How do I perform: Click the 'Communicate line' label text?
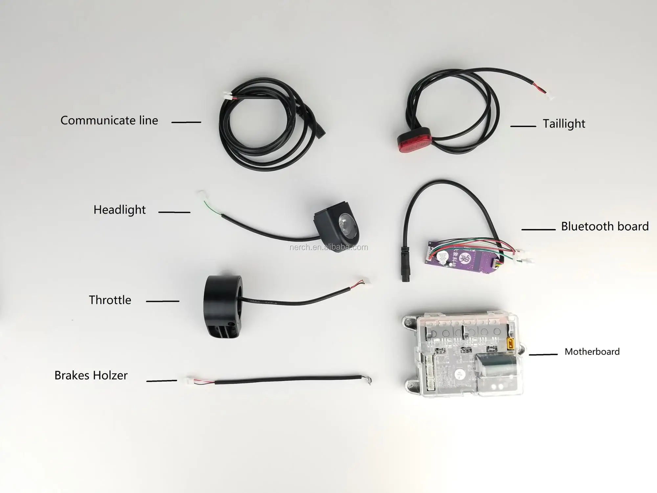tap(109, 121)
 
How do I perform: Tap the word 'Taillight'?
tap(564, 124)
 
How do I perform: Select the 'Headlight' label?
tap(119, 210)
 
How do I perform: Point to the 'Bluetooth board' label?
tap(605, 226)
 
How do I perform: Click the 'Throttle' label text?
tap(110, 300)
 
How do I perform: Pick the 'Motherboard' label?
tap(592, 352)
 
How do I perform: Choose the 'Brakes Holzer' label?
tap(91, 375)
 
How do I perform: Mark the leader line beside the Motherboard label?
tap(543, 354)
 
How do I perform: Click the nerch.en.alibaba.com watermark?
tap(328, 247)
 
